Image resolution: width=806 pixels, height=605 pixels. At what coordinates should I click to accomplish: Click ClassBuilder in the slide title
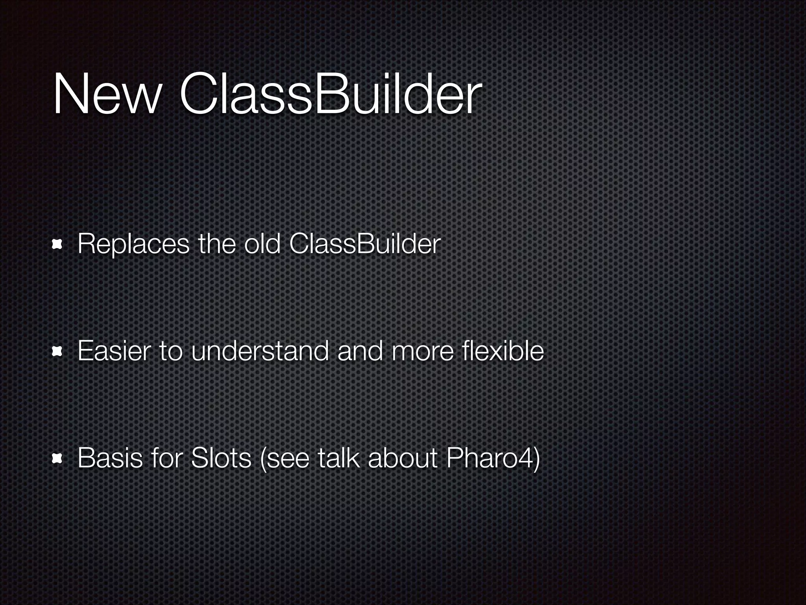click(330, 95)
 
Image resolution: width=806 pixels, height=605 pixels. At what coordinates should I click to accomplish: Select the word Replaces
click(133, 244)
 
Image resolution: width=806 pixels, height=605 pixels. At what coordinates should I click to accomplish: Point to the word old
click(262, 244)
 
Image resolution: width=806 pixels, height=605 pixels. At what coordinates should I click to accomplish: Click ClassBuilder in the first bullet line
click(364, 244)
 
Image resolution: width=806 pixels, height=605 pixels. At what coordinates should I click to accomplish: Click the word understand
click(259, 351)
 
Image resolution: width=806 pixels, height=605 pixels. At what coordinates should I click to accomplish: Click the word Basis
click(110, 458)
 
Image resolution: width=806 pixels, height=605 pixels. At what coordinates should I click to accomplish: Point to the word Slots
click(220, 458)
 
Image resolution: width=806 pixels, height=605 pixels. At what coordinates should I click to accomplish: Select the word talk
click(338, 458)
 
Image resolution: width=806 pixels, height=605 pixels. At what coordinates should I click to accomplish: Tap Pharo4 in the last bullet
click(490, 458)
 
